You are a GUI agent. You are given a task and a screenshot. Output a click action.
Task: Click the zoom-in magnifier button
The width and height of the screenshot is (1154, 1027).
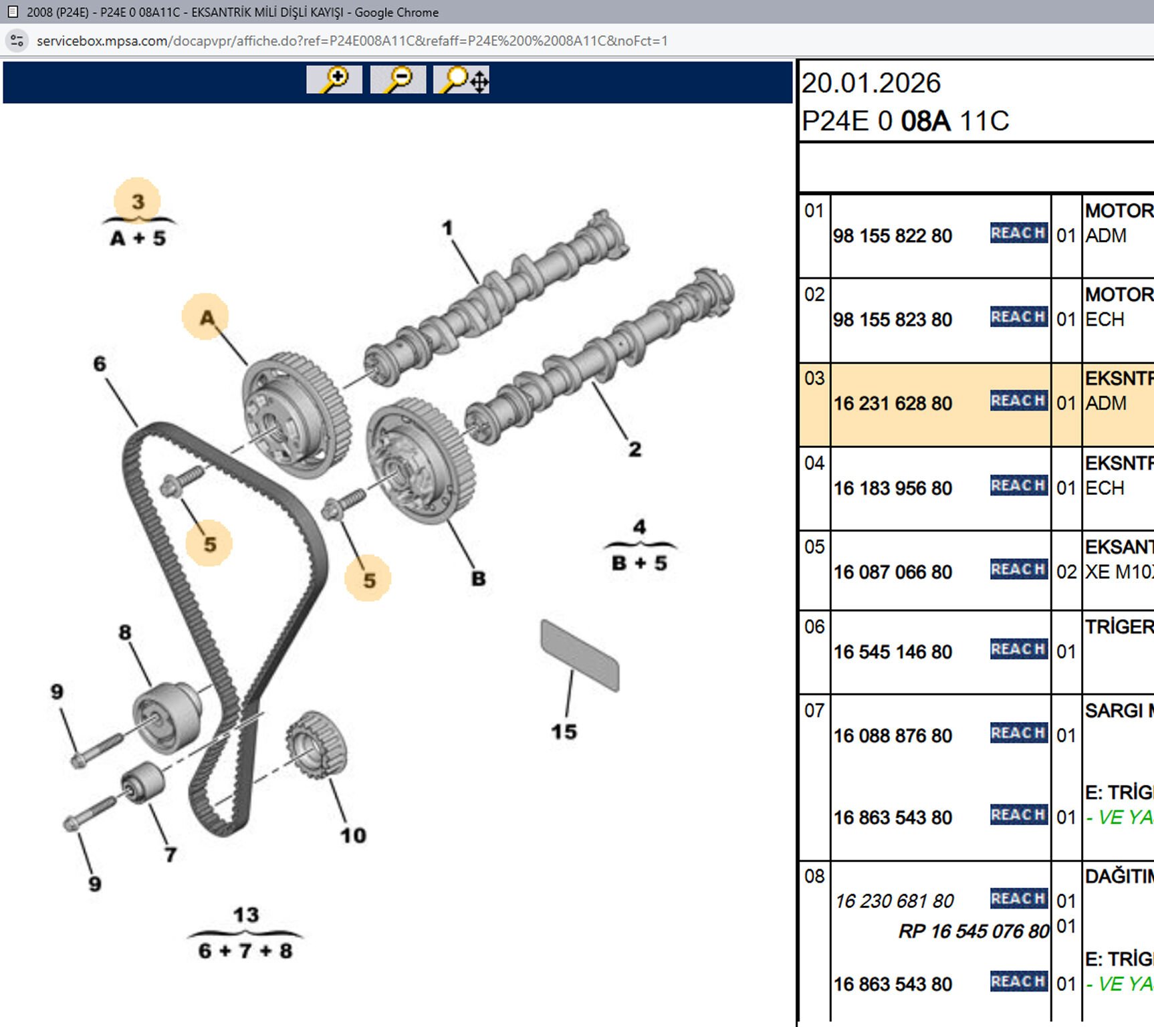[334, 80]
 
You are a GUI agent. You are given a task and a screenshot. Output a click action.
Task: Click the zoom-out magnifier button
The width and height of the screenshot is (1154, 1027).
[398, 80]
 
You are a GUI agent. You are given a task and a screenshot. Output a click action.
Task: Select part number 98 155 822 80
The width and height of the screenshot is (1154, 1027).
[892, 236]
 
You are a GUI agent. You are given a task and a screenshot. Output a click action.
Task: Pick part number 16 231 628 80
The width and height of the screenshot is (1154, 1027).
[892, 404]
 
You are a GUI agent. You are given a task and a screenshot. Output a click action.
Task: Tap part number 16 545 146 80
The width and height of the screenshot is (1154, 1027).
[892, 652]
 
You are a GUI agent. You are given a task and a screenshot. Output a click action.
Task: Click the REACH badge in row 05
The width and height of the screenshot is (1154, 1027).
[1018, 569]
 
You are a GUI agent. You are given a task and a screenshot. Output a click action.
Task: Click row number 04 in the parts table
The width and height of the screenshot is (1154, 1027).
[814, 463]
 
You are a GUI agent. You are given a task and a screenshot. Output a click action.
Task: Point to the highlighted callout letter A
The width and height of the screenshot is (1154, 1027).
[207, 317]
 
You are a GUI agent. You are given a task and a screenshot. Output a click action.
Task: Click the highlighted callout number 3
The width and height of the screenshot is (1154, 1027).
[138, 201]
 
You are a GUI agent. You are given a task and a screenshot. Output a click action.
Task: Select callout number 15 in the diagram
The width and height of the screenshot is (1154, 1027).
[564, 731]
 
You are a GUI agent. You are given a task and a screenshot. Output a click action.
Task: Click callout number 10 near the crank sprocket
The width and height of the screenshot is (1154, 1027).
[353, 835]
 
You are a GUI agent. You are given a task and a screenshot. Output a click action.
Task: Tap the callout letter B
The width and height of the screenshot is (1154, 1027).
[479, 578]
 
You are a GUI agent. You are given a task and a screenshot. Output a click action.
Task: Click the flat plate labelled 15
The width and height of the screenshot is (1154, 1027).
[580, 655]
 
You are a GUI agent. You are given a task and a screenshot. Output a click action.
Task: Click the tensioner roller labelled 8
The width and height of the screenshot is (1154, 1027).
[167, 717]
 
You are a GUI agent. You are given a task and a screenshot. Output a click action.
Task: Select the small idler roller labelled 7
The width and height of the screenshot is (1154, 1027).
[142, 782]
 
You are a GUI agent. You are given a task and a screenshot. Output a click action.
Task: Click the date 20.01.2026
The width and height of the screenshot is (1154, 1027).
[871, 84]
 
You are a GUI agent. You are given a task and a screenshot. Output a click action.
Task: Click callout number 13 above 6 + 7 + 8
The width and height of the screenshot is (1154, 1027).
[245, 915]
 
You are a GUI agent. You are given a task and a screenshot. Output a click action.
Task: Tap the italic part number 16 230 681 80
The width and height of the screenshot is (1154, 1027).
[894, 901]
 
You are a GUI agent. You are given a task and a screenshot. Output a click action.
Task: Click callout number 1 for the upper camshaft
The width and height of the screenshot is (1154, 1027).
[447, 229]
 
